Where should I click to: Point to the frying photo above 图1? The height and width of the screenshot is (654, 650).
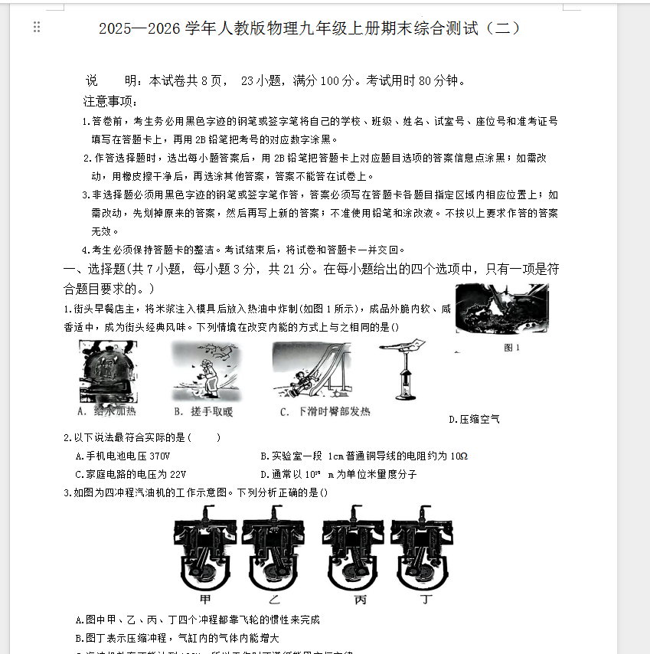coord(502,309)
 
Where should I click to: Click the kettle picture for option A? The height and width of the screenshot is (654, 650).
coord(109,371)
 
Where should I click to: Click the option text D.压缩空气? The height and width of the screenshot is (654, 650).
coord(475,419)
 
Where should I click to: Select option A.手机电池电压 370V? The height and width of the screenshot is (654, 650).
coord(122,456)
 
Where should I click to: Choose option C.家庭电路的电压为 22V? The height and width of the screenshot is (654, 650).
coord(131,474)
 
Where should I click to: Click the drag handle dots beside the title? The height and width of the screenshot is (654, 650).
coord(37,28)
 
